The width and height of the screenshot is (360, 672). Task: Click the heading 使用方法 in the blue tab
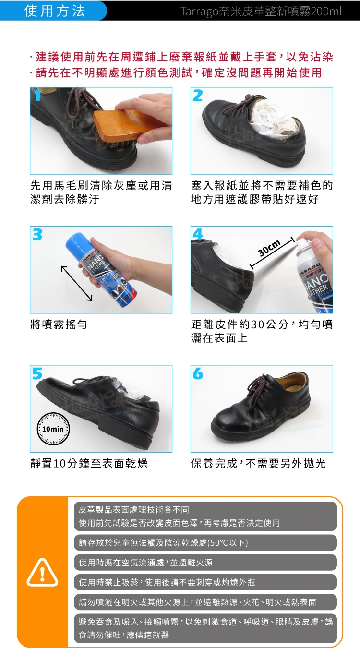55,11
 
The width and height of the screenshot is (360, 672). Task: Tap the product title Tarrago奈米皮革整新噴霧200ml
261,12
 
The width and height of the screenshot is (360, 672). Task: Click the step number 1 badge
37,96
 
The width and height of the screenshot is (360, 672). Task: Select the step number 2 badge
198,96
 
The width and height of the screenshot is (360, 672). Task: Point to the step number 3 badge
37,235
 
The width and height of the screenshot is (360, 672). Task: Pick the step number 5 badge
37,373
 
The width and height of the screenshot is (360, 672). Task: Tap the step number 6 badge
198,373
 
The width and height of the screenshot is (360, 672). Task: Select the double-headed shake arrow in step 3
76,283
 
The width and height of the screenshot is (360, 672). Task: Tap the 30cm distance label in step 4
269,248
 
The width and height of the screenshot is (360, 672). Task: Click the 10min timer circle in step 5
53,429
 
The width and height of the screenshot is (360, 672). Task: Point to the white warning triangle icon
42,572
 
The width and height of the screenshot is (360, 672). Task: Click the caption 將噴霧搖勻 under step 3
59,324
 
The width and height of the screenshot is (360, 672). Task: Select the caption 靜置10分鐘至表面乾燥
89,464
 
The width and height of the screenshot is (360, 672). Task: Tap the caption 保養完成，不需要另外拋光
258,464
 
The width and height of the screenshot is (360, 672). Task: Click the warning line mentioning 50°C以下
163,543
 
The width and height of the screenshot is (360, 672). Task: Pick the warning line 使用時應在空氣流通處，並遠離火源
145,563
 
